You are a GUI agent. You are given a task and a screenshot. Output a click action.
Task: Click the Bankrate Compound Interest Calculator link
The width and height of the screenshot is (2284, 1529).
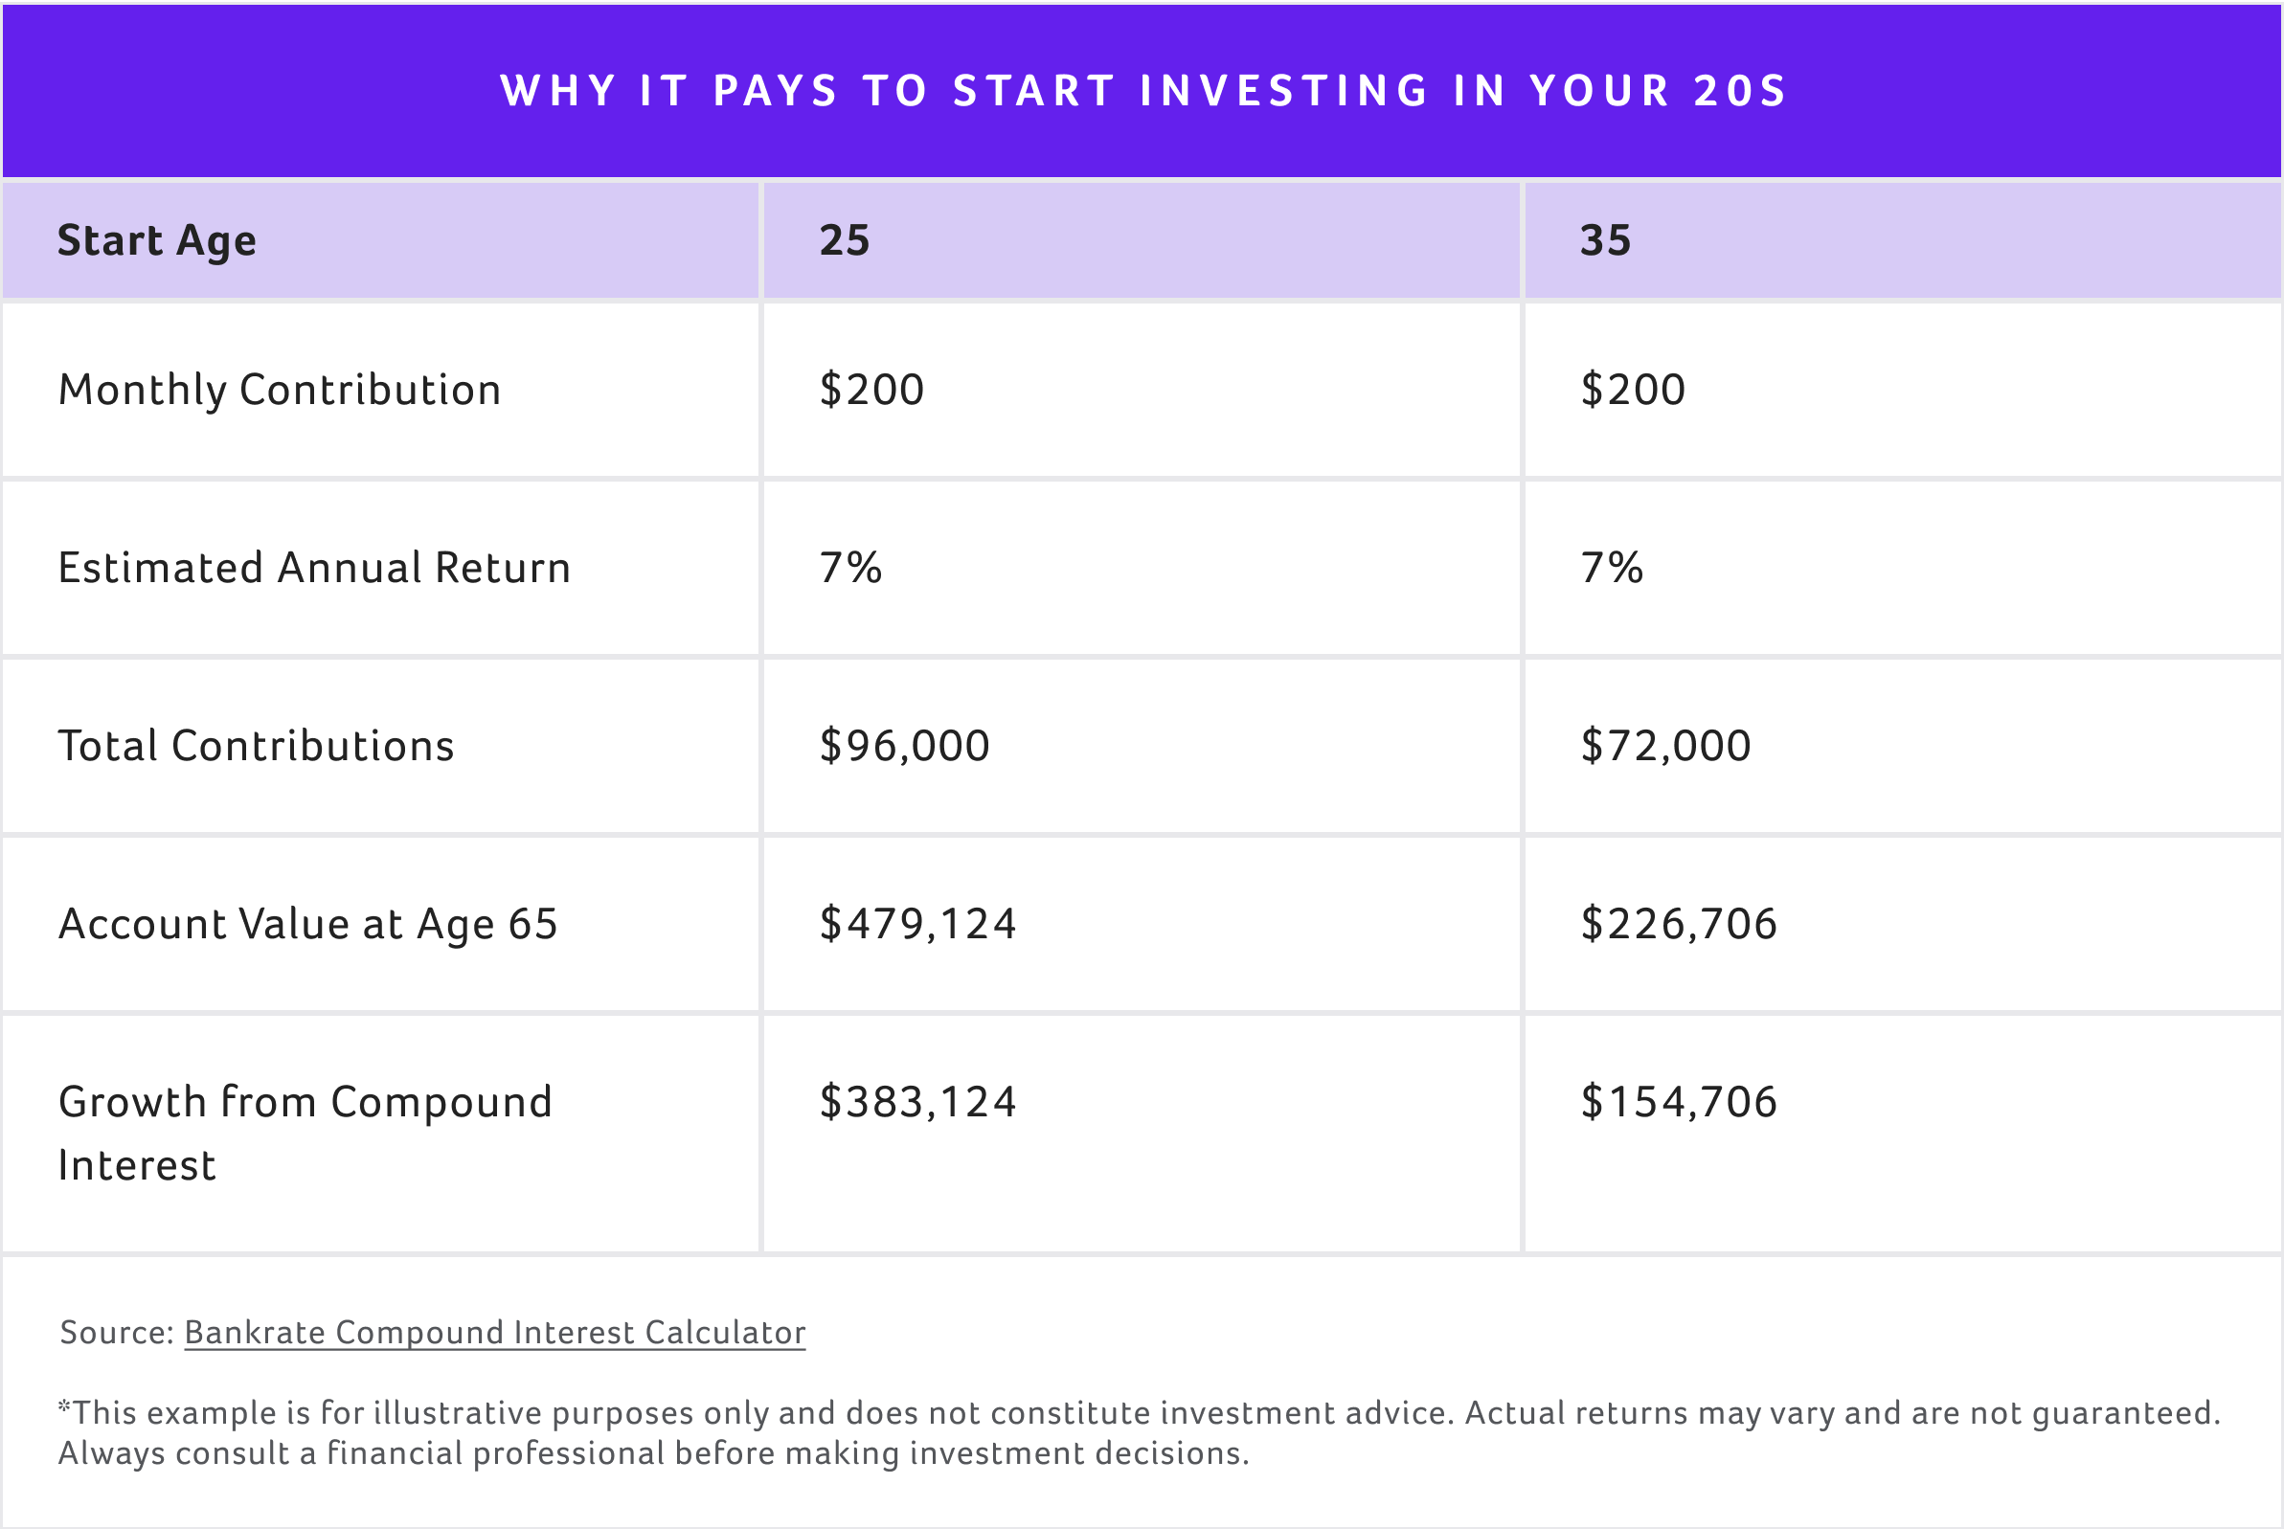tap(494, 1332)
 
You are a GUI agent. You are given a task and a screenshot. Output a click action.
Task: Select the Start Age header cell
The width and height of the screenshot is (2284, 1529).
tap(157, 240)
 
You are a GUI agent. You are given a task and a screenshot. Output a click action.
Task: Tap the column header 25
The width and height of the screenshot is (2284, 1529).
tap(845, 240)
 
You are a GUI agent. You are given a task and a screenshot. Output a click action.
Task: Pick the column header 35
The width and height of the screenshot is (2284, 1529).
tap(1605, 240)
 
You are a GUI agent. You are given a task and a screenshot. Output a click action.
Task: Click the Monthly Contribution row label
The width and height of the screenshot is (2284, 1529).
tap(280, 390)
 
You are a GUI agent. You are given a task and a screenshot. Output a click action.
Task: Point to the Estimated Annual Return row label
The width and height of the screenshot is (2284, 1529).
tap(314, 568)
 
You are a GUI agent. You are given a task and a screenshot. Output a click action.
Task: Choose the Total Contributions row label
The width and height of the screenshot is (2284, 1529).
tap(257, 746)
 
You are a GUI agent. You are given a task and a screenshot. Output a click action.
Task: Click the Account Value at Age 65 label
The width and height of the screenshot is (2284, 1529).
tap(308, 925)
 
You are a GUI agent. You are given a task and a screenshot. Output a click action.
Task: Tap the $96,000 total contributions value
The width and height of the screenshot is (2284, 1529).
tap(905, 746)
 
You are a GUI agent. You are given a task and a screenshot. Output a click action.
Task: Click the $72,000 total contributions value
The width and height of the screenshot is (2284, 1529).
tap(1665, 746)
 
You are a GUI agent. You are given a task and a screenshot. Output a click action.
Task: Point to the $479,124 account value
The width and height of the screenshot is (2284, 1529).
tap(917, 925)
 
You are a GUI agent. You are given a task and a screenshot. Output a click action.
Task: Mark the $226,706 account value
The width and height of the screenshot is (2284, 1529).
tap(1679, 925)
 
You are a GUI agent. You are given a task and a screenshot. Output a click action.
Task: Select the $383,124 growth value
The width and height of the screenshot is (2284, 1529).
tap(917, 1103)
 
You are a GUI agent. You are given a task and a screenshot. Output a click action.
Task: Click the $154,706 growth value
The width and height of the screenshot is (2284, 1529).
tap(1679, 1103)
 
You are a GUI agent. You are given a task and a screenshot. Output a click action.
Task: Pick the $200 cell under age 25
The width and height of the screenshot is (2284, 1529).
tap(871, 390)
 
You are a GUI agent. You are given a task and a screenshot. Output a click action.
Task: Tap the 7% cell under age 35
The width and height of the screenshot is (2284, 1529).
tap(1612, 568)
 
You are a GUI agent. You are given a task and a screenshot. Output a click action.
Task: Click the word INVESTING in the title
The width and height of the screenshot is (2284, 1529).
tap(1284, 92)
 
